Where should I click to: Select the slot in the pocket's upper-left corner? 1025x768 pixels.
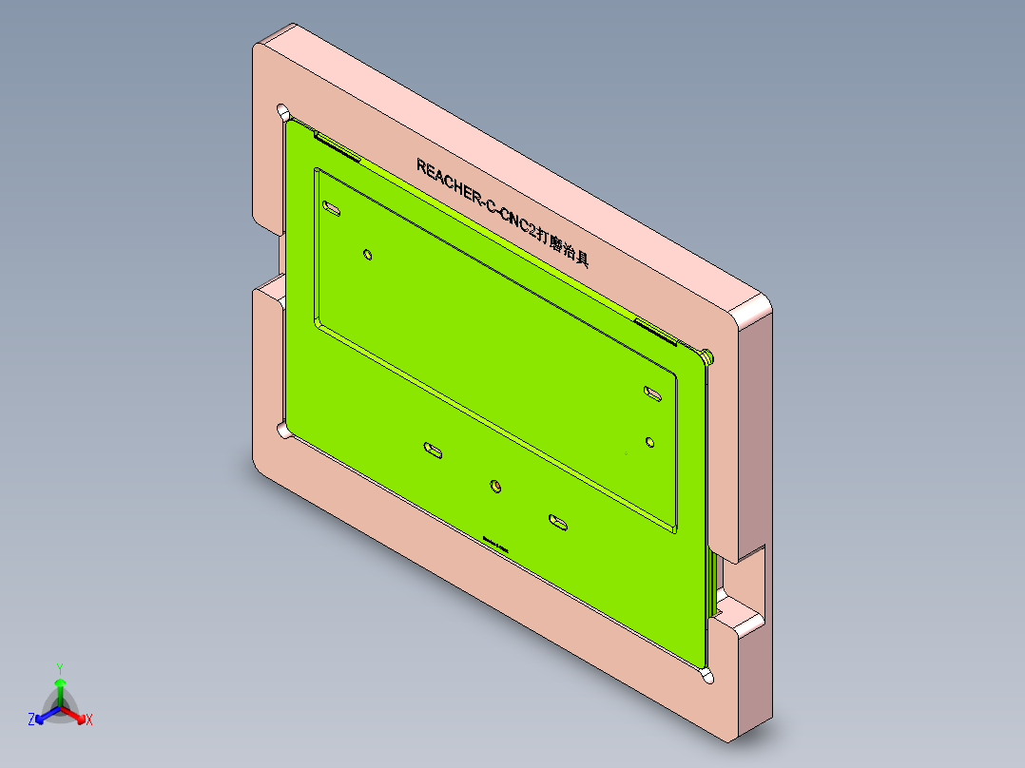click(x=332, y=207)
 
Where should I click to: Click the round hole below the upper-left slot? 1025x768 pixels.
click(x=368, y=254)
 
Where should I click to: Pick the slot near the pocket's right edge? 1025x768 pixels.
click(x=652, y=393)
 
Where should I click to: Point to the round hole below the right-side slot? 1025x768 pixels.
click(x=650, y=441)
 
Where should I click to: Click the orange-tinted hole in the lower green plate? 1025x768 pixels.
click(x=495, y=487)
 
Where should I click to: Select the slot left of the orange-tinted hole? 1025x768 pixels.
click(x=433, y=449)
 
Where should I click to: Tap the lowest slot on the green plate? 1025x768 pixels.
click(x=557, y=521)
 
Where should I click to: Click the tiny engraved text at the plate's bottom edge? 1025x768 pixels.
click(x=495, y=543)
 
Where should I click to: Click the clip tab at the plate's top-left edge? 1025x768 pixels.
click(x=337, y=144)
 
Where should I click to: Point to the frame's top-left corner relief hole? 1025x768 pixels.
click(x=284, y=110)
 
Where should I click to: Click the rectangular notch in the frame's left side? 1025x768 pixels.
click(x=268, y=259)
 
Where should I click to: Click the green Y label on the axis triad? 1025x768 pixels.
click(x=59, y=667)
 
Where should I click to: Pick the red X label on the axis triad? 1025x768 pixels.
click(x=89, y=720)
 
